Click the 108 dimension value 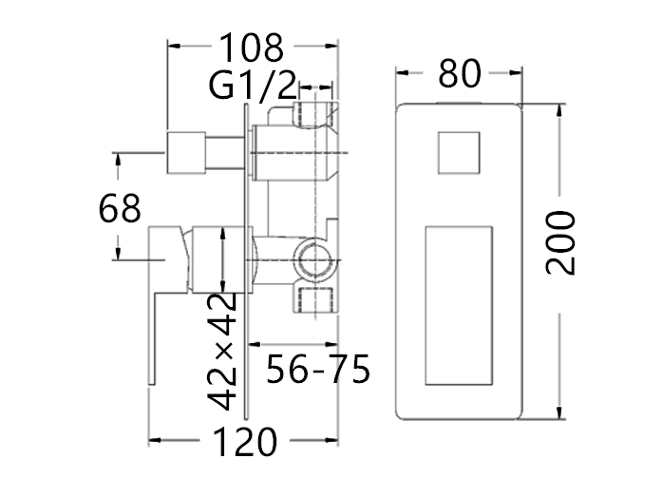point(252,48)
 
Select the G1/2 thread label point(253,86)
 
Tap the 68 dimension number point(120,208)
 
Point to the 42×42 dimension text point(221,351)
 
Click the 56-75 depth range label point(318,369)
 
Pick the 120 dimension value point(245,441)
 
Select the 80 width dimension point(460,73)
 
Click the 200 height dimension point(560,243)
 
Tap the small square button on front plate point(459,152)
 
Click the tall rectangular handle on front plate point(459,306)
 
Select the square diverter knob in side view point(186,152)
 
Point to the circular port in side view point(315,260)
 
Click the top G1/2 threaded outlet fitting point(315,114)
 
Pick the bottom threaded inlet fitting point(316,300)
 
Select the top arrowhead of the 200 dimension point(559,110)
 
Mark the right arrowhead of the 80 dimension point(516,73)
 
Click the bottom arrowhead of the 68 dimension point(118,253)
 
